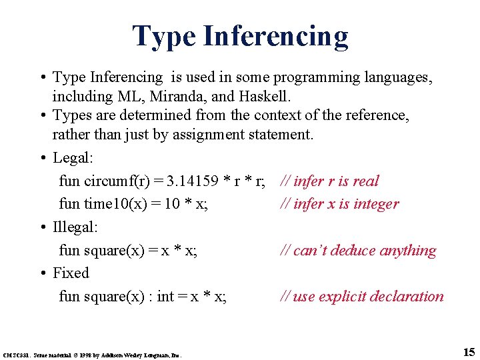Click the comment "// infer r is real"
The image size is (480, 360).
coord(329,181)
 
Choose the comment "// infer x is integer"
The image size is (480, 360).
coord(339,204)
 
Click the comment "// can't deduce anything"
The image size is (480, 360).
coord(358,250)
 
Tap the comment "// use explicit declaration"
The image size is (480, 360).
coord(361,296)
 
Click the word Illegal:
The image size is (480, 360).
coord(75,227)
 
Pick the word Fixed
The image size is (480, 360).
coord(71,273)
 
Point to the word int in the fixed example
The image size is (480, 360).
coord(166,296)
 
